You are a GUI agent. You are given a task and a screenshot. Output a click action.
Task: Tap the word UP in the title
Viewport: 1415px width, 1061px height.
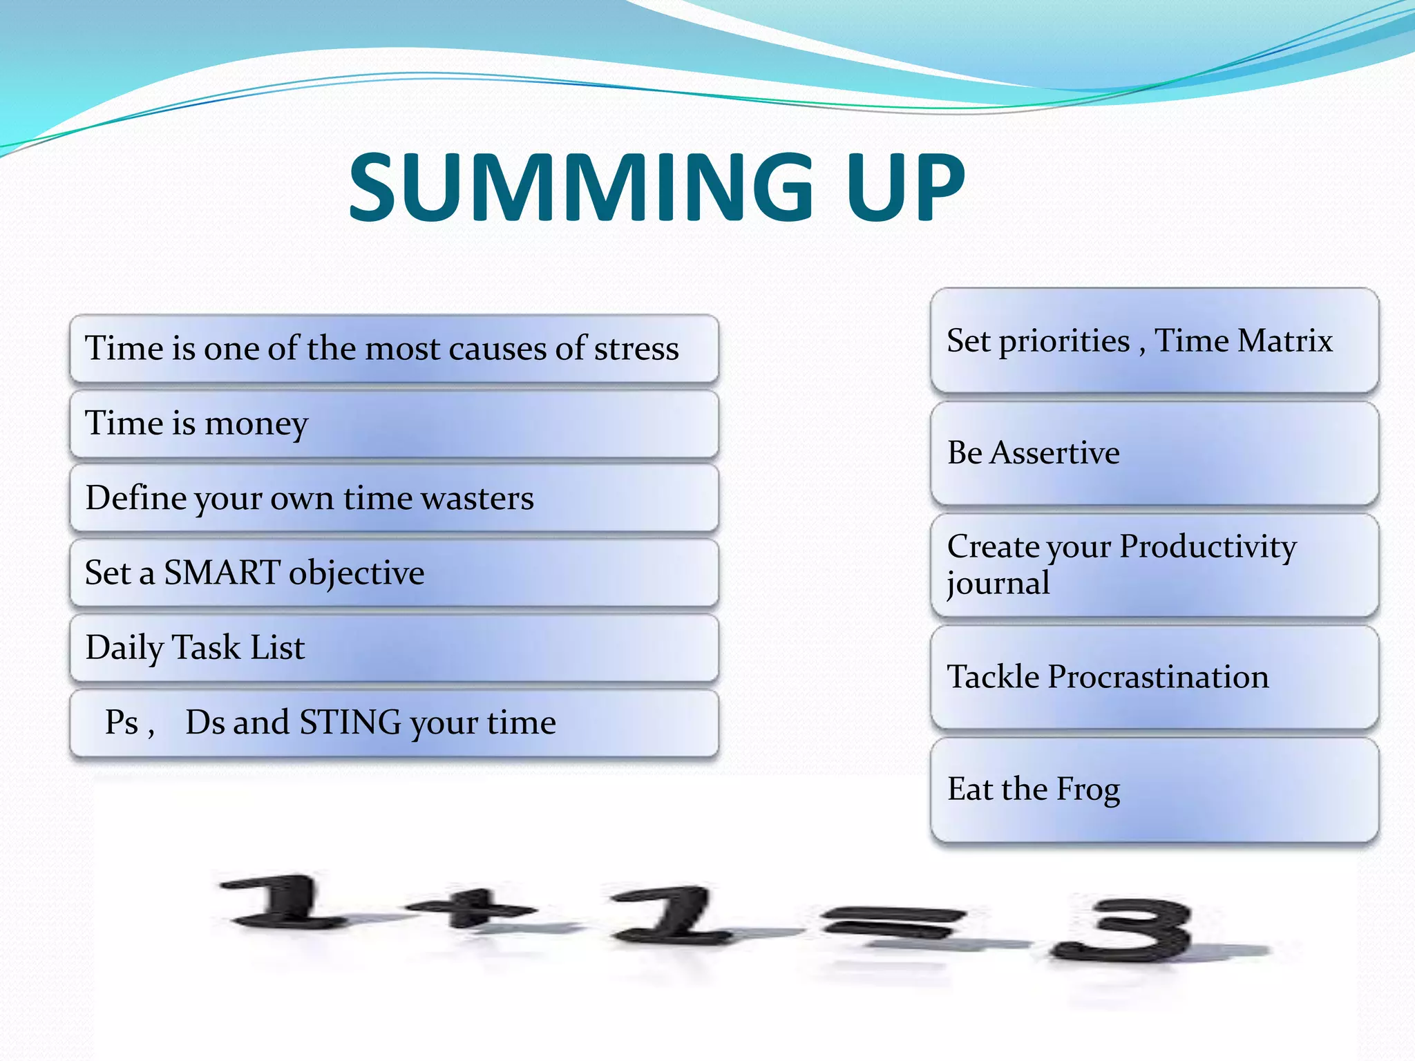click(x=906, y=187)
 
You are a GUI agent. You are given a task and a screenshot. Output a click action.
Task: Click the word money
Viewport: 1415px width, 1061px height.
click(x=256, y=423)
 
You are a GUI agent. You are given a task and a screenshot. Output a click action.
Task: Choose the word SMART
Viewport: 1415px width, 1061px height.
click(x=222, y=573)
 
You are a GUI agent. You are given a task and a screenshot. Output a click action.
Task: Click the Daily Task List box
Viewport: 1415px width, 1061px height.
click(x=394, y=648)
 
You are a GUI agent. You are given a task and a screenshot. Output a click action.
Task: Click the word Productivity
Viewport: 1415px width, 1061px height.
click(x=1208, y=546)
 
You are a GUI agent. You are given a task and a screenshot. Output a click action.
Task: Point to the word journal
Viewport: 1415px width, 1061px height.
click(x=998, y=584)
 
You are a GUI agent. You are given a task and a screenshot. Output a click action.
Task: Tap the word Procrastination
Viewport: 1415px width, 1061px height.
click(x=1158, y=677)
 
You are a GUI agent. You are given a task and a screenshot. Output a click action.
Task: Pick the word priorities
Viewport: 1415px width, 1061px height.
click(x=1064, y=341)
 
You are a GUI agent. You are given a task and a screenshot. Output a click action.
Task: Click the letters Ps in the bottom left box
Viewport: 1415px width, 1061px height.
click(x=122, y=723)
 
